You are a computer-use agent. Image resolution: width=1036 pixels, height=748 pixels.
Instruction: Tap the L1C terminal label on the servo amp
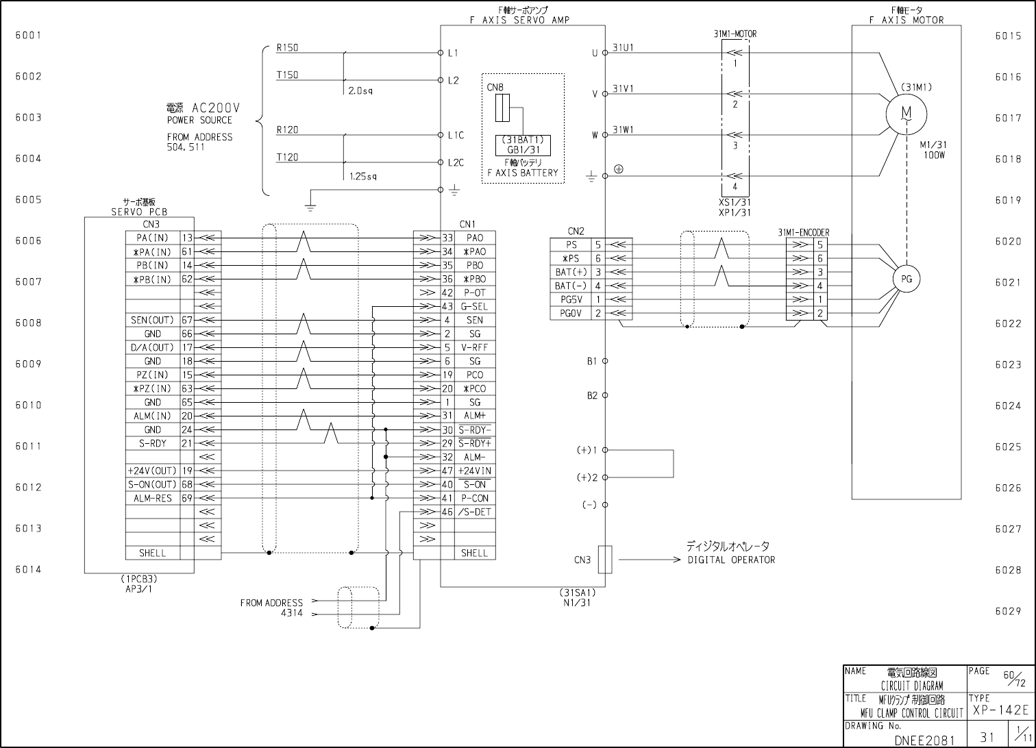pyautogui.click(x=456, y=135)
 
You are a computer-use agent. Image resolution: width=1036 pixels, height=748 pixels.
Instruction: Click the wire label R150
pyautogui.click(x=287, y=48)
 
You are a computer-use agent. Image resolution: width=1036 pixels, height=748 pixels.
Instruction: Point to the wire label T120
pyautogui.click(x=287, y=157)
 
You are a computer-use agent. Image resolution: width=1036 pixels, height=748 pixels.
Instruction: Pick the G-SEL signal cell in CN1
pyautogui.click(x=475, y=306)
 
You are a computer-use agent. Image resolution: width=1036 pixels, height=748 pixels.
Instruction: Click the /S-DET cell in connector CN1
pyautogui.click(x=475, y=512)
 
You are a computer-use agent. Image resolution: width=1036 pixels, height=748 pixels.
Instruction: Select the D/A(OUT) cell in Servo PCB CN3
pyautogui.click(x=153, y=348)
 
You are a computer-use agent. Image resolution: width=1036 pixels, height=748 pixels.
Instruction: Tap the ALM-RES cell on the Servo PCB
pyautogui.click(x=153, y=499)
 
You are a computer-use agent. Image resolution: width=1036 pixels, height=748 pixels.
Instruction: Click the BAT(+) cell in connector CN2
pyautogui.click(x=571, y=273)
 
